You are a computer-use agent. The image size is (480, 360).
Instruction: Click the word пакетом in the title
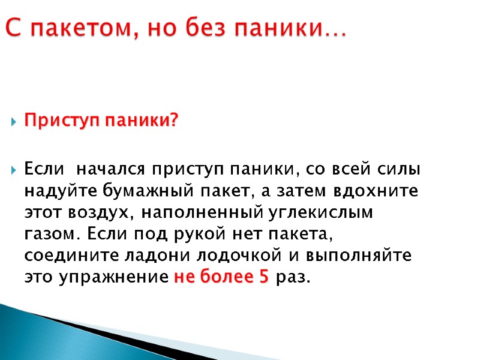(71, 28)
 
